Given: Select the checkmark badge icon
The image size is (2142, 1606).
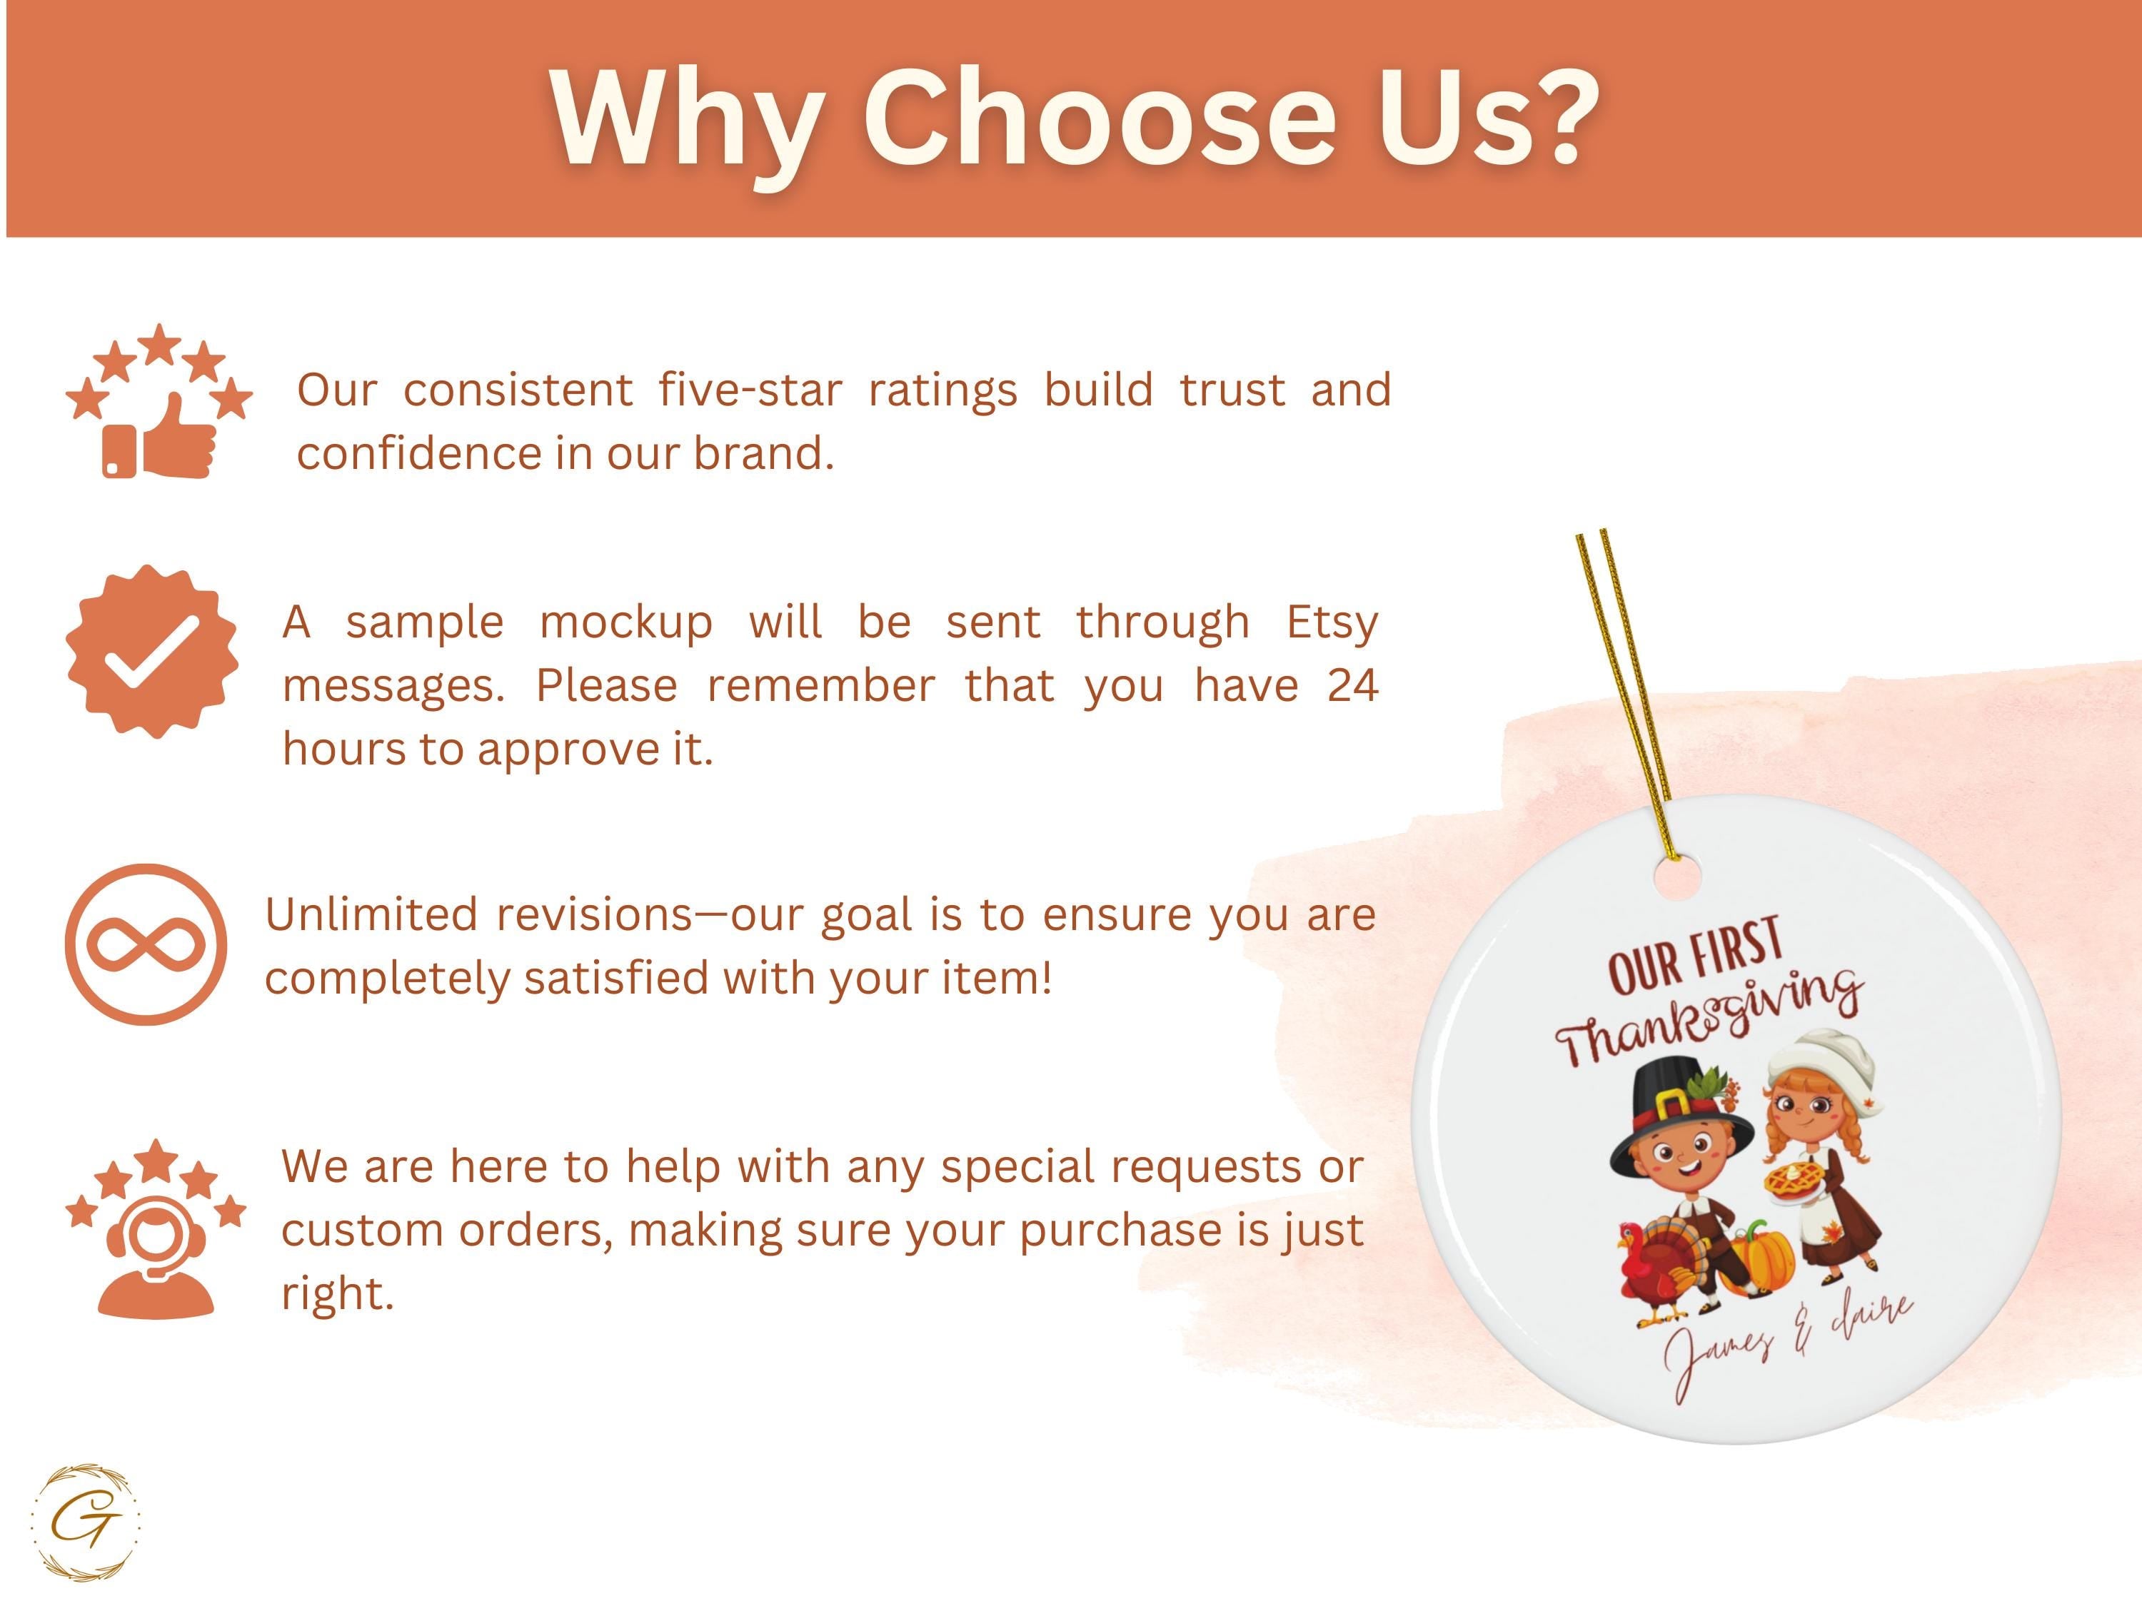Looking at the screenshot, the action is [x=152, y=652].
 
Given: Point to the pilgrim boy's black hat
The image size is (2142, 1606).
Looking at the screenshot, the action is [x=1681, y=1113].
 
